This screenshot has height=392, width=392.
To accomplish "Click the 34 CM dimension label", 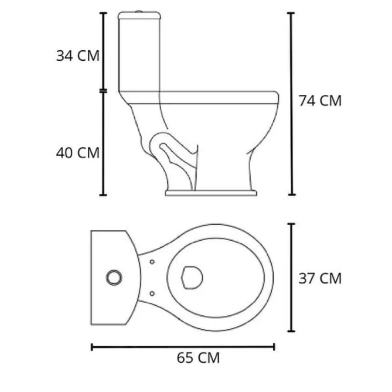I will (x=77, y=56).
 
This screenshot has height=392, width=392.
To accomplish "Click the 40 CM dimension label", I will (x=77, y=152).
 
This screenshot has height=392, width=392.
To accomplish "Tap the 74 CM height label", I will (x=320, y=100).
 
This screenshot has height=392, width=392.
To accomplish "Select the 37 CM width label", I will (x=320, y=278).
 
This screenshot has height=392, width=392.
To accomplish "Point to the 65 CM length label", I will (x=198, y=358).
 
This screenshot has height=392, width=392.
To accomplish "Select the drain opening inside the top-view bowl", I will (x=191, y=277).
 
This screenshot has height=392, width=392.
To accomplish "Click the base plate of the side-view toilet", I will (x=211, y=193).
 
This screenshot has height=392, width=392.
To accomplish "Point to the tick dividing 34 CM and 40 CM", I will (x=103, y=90).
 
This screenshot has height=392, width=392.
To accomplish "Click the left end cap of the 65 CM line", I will (x=92, y=347).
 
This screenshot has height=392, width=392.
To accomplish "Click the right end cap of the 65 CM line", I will (x=274, y=347).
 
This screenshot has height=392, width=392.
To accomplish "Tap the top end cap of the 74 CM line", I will (x=292, y=13).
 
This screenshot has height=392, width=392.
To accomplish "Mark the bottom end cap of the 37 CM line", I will (x=292, y=331).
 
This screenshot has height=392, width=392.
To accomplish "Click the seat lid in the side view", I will (x=215, y=98).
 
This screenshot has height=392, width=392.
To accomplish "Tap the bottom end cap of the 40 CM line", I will (x=103, y=194).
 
